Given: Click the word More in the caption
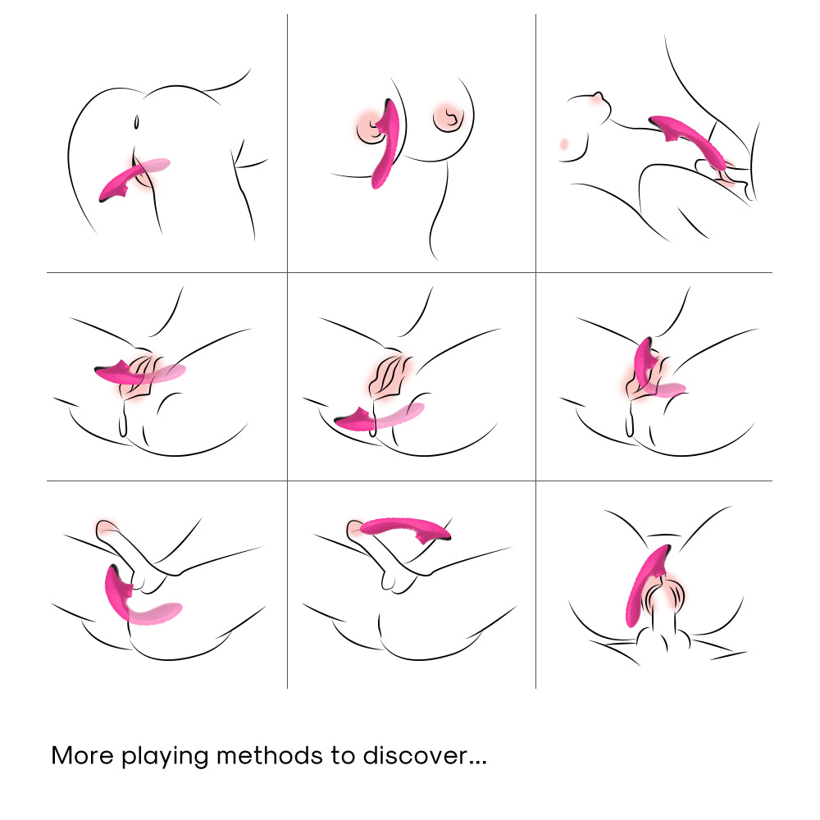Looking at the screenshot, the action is click(82, 756).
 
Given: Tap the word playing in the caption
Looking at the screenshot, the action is click(166, 758).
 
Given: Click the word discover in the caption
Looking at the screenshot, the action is click(415, 756).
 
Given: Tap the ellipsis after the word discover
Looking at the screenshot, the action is click(478, 763).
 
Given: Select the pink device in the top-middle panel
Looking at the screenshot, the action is click(385, 143).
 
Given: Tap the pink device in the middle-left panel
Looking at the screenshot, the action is click(139, 372).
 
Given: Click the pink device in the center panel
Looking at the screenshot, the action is click(379, 417).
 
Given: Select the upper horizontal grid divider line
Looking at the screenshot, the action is click(409, 272).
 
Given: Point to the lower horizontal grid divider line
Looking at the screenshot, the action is click(409, 481).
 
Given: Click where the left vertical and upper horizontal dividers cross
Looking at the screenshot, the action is click(287, 272).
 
